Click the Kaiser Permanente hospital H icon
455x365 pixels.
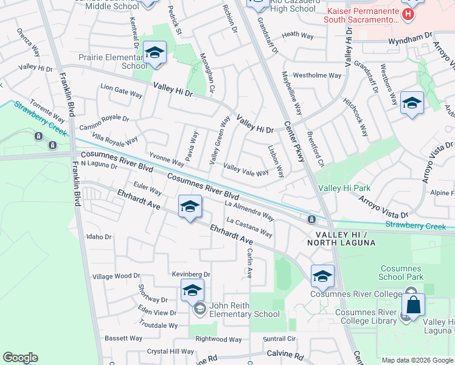(408, 13)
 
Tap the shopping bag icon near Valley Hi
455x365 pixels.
(413, 305)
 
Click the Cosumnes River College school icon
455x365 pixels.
(322, 276)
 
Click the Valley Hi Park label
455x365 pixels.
(344, 189)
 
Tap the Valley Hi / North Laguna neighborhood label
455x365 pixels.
(342, 238)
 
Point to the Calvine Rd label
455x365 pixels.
(285, 355)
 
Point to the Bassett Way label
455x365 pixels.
(123, 338)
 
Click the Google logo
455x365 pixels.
(21, 358)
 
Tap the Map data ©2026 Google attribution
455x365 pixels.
(418, 360)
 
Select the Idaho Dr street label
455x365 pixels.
(100, 237)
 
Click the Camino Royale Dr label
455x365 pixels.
(105, 122)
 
